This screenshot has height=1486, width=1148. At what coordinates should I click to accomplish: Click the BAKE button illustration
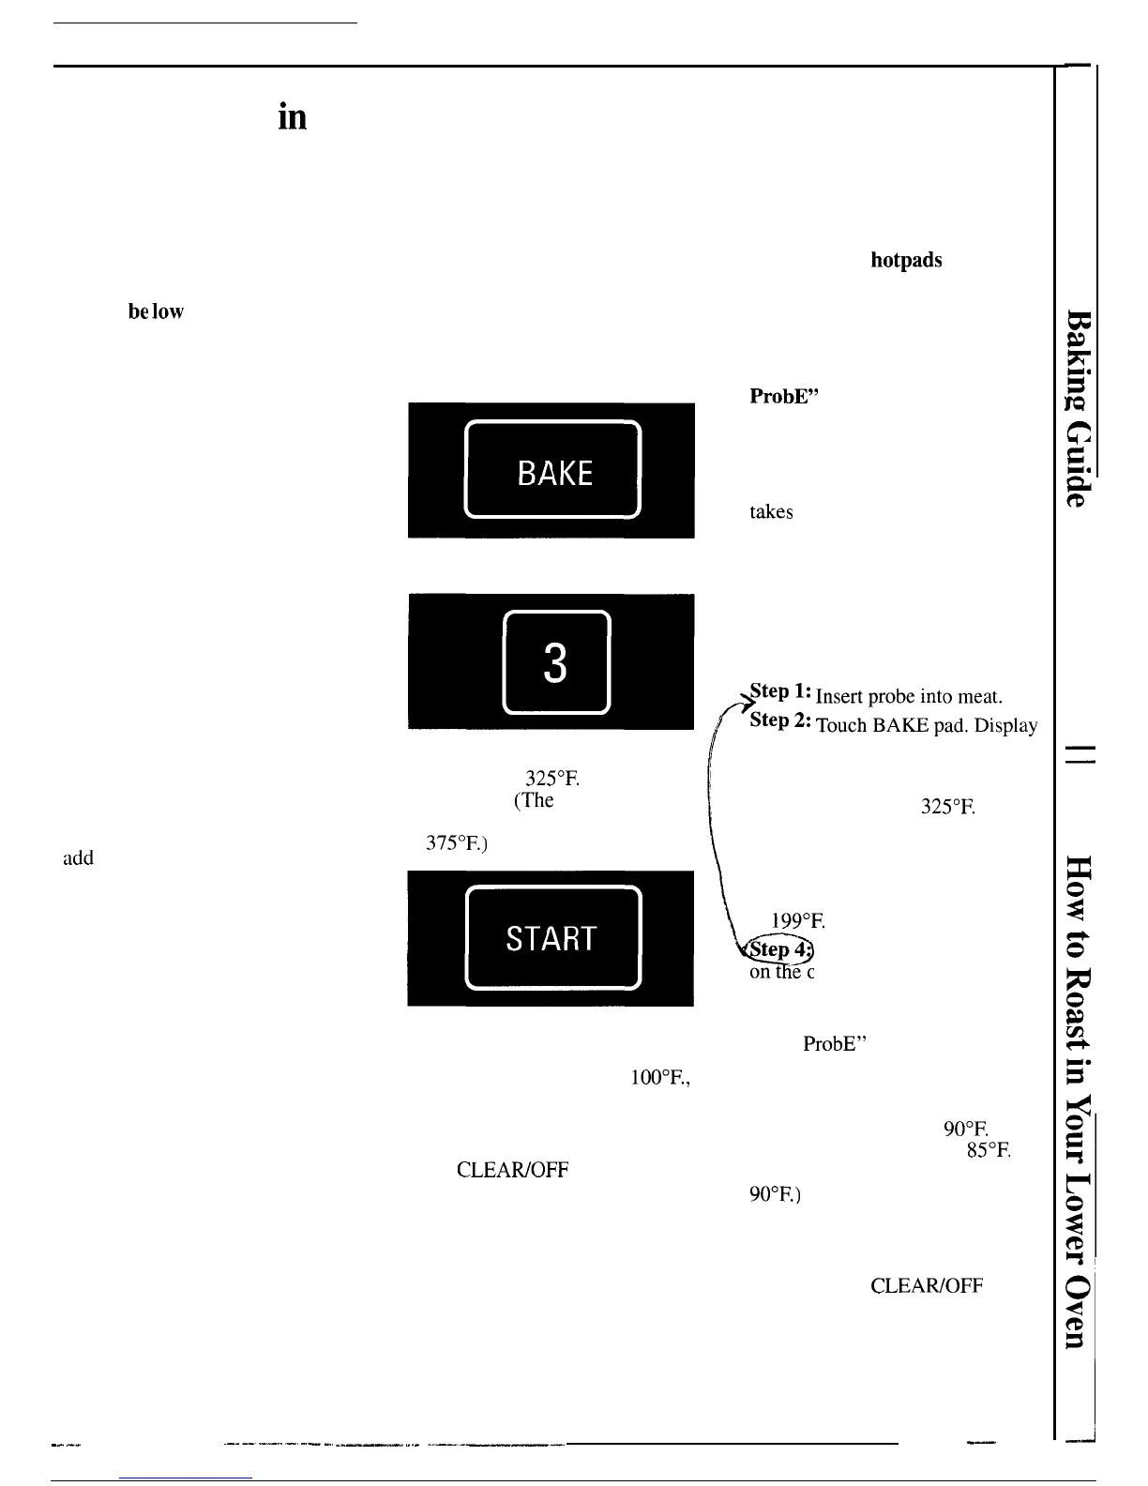click(x=553, y=471)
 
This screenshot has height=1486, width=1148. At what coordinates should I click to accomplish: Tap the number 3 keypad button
click(x=556, y=662)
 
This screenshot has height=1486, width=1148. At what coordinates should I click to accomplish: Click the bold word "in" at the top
click(x=292, y=117)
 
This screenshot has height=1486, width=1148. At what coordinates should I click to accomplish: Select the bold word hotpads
click(x=906, y=261)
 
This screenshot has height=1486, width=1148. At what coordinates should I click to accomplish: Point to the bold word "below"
click(x=156, y=311)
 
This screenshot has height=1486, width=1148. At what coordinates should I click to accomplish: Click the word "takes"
click(x=771, y=512)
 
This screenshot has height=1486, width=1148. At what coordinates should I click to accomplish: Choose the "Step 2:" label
click(x=780, y=720)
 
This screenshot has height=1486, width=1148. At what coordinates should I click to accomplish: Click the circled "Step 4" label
click(x=778, y=949)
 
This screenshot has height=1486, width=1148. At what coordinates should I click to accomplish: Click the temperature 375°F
click(x=455, y=842)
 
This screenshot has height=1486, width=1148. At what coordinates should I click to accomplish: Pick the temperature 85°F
click(x=988, y=1149)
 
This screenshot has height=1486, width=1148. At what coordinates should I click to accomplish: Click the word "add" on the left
click(x=78, y=857)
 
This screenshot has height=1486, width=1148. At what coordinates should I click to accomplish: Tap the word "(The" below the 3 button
click(x=533, y=800)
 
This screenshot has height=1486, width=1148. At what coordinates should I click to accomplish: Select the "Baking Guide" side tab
click(x=1080, y=408)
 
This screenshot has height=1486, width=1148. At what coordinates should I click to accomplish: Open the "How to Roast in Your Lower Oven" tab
click(x=1080, y=1098)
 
